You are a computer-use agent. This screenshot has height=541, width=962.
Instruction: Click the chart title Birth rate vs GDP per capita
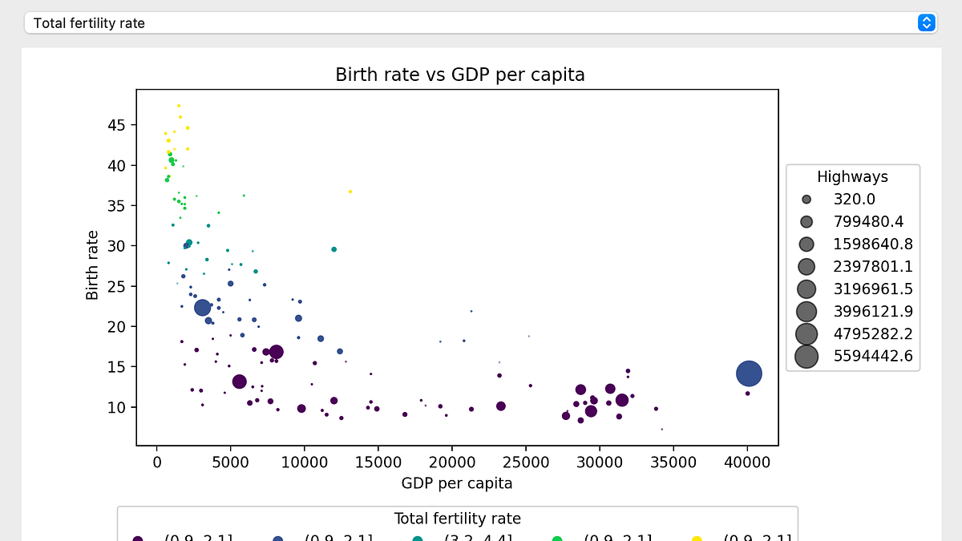coord(459,75)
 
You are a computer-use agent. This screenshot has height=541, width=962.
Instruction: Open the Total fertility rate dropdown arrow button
coord(926,22)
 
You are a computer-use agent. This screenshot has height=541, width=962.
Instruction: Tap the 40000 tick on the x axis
coord(747,462)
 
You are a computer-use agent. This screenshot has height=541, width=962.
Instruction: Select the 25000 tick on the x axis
coord(526,462)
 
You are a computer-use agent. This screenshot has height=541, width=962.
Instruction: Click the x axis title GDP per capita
coord(456,483)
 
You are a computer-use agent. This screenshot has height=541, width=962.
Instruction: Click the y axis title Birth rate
coord(93,265)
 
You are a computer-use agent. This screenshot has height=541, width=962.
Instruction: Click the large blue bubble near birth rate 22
coord(203,307)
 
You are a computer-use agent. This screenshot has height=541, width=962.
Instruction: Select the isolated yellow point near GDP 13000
coord(350,192)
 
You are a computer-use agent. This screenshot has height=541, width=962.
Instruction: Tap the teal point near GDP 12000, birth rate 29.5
coord(333,249)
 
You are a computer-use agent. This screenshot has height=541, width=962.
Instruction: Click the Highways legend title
coord(852,177)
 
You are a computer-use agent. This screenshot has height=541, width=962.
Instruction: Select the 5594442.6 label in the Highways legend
coord(873,357)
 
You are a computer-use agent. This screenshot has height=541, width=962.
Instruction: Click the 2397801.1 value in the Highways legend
coord(873,266)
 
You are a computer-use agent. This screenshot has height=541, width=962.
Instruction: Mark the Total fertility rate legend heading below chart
coord(457,519)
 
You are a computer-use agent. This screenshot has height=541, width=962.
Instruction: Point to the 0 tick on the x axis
coord(157,462)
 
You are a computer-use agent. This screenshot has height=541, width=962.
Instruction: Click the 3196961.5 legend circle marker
coord(806,289)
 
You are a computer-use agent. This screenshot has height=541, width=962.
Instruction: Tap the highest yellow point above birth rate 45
coord(179,106)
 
